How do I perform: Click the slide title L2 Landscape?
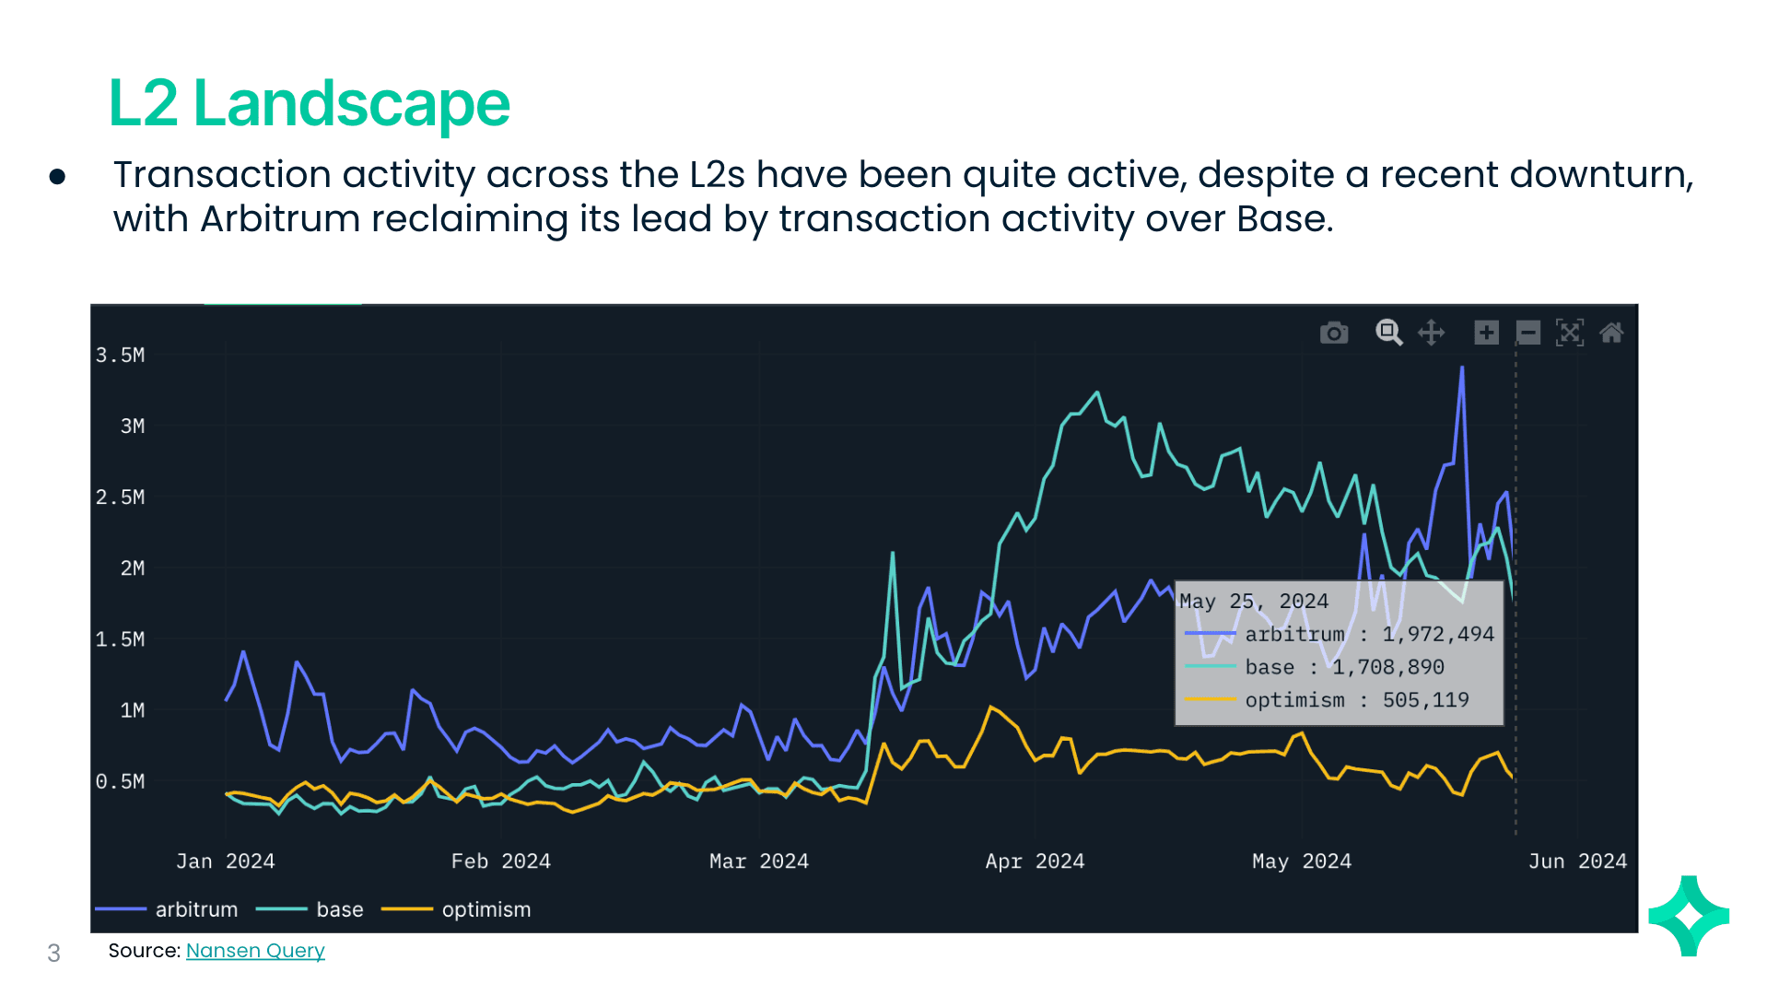click(309, 103)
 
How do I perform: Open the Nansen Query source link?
click(255, 950)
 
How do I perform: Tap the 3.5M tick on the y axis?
click(121, 355)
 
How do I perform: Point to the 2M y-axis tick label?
click(132, 568)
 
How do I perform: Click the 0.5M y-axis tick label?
click(121, 781)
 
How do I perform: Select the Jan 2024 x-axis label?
click(225, 860)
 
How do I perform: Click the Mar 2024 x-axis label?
click(758, 860)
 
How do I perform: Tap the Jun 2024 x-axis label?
click(1576, 860)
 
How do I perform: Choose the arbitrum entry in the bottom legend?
click(195, 909)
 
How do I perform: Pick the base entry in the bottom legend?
click(339, 909)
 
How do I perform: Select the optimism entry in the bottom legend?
click(486, 909)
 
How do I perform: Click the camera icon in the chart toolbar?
click(1333, 333)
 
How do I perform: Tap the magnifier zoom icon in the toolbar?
click(1388, 333)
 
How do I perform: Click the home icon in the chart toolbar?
click(1611, 333)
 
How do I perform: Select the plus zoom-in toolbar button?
click(1486, 333)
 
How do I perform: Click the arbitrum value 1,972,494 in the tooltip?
click(1437, 634)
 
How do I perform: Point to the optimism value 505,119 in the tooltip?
click(1425, 700)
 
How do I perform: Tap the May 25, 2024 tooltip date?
click(1253, 601)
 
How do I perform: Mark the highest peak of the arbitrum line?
click(1461, 368)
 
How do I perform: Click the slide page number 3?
click(53, 953)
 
